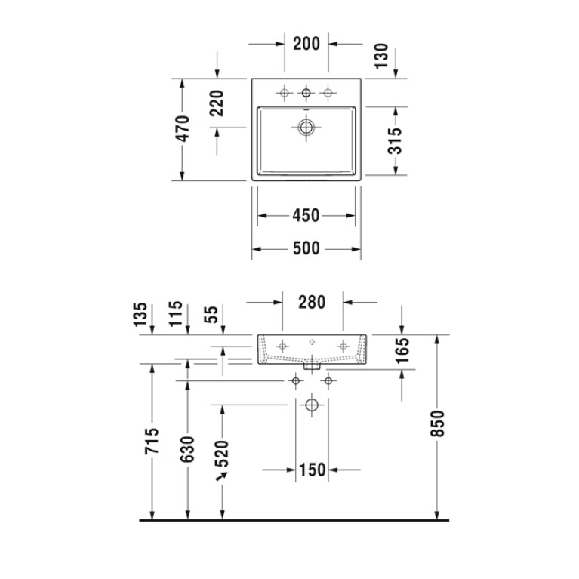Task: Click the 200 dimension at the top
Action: (306, 44)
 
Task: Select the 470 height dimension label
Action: (182, 128)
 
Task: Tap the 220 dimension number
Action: (217, 103)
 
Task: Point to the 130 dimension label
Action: (381, 55)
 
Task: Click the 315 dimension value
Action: (396, 140)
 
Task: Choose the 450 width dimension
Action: (306, 216)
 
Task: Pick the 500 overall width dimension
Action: (306, 248)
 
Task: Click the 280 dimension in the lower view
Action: (312, 302)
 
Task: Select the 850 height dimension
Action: (438, 423)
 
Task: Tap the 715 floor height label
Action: (152, 441)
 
